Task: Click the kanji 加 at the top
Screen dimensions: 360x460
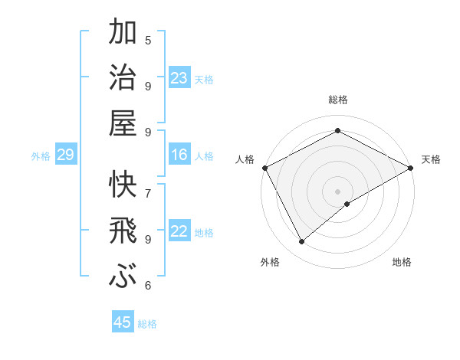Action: pyautogui.click(x=123, y=34)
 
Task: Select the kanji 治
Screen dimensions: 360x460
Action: pyautogui.click(x=123, y=78)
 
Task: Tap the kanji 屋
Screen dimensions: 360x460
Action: pyautogui.click(x=123, y=123)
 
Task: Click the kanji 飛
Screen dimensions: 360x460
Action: pyautogui.click(x=123, y=231)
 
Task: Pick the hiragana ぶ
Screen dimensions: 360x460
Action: pyautogui.click(x=123, y=275)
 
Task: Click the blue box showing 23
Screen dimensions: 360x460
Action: pyautogui.click(x=179, y=78)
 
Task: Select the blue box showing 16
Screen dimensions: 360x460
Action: pyautogui.click(x=179, y=155)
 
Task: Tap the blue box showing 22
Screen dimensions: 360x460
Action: pyautogui.click(x=179, y=231)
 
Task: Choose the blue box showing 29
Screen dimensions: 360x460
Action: pyautogui.click(x=65, y=155)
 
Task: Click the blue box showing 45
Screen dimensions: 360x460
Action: pyautogui.click(x=123, y=322)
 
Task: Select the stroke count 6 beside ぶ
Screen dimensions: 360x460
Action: pyautogui.click(x=148, y=286)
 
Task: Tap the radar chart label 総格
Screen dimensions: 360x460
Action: pyautogui.click(x=338, y=100)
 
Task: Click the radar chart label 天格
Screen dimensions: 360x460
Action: pyautogui.click(x=431, y=159)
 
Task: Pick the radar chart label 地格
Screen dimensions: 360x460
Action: pyautogui.click(x=402, y=262)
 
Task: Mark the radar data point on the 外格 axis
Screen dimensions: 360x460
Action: pyautogui.click(x=302, y=242)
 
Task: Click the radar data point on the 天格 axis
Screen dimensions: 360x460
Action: pyautogui.click(x=412, y=167)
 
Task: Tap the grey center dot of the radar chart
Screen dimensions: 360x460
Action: pyautogui.click(x=338, y=191)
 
